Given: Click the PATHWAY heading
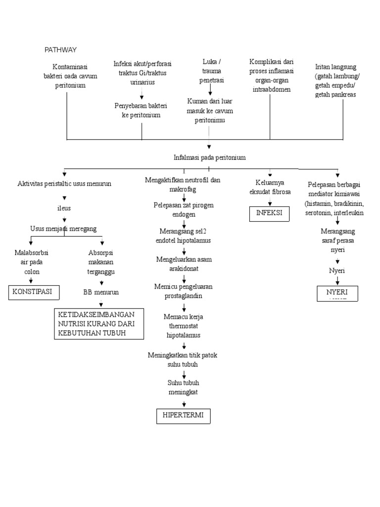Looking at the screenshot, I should pyautogui.click(x=60, y=50).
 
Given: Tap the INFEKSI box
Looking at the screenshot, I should pyautogui.click(x=269, y=213).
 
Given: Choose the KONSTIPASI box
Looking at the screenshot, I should pyautogui.click(x=34, y=292).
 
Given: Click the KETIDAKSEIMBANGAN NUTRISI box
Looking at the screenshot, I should pyautogui.click(x=99, y=324).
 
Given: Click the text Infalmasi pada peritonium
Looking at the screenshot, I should pyautogui.click(x=209, y=157).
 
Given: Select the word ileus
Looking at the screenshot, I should pyautogui.click(x=64, y=208).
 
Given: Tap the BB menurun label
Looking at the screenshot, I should pyautogui.click(x=101, y=292).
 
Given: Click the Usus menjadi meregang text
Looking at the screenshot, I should pyautogui.click(x=63, y=228).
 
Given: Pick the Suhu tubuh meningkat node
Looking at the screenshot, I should pyautogui.click(x=183, y=387).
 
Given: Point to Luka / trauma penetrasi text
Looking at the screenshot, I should pyautogui.click(x=211, y=70).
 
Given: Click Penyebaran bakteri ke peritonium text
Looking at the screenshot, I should pyautogui.click(x=141, y=110).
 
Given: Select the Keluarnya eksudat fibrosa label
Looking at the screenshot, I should pyautogui.click(x=270, y=187).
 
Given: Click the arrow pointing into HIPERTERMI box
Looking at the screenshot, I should pyautogui.click(x=184, y=404).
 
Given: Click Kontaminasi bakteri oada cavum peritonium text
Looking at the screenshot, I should pyautogui.click(x=70, y=76).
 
